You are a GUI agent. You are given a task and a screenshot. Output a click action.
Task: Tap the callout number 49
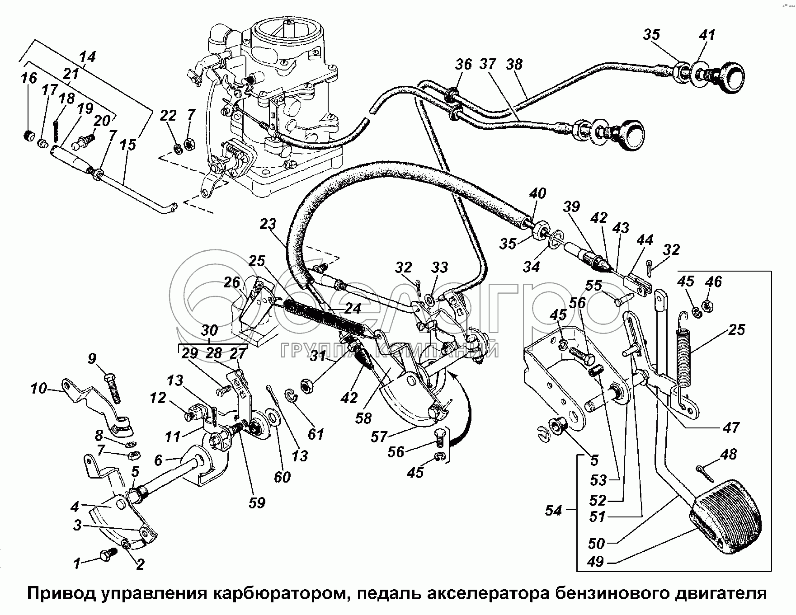(596, 562)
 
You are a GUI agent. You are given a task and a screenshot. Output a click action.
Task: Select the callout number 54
(554, 511)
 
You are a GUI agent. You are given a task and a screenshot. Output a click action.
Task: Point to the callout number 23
(280, 225)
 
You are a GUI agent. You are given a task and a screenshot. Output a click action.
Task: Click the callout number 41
(707, 35)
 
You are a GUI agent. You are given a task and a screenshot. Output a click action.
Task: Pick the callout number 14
(87, 57)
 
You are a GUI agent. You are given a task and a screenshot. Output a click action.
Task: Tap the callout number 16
(28, 78)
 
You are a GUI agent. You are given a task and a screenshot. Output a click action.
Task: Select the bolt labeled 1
(108, 555)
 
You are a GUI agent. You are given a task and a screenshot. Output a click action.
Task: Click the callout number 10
(39, 388)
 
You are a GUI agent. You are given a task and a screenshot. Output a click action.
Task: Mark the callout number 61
(316, 434)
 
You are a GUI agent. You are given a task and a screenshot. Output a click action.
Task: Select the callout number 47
(731, 427)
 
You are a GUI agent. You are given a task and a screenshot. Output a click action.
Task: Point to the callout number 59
(257, 502)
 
